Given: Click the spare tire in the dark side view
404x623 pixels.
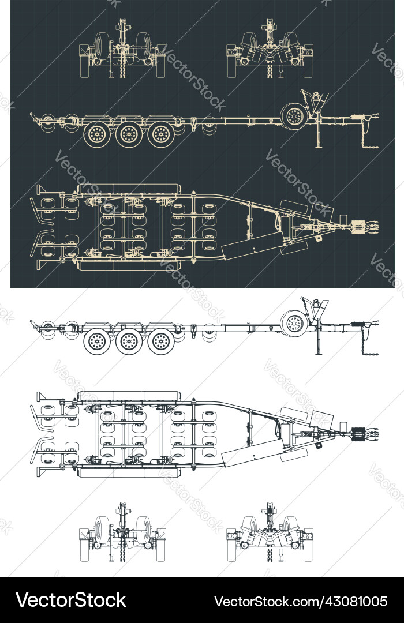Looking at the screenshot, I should click(x=295, y=116).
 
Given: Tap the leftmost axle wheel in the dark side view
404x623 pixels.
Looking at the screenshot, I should click(x=96, y=134).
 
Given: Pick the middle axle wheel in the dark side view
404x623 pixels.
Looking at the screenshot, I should click(x=129, y=134).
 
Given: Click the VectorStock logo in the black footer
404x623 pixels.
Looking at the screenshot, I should click(x=70, y=600).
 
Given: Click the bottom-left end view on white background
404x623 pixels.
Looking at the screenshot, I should click(x=122, y=534).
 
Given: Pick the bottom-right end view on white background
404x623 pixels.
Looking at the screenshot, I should click(x=270, y=534).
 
